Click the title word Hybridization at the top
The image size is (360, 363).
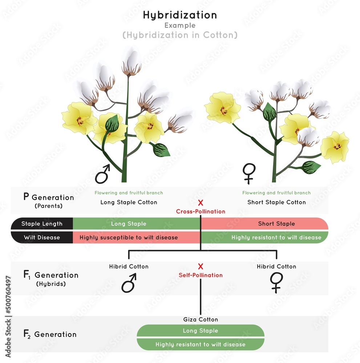coord(180,15)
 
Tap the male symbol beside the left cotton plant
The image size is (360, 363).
coord(102,174)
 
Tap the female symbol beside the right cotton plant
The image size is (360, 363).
coord(249,173)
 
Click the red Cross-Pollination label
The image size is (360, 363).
coord(201,211)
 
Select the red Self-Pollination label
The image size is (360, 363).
coord(201,275)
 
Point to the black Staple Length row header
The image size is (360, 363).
coord(42,224)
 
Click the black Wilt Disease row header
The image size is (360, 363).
coord(42,237)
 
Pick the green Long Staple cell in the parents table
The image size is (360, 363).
coord(129,224)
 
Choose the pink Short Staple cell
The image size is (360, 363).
coord(276,224)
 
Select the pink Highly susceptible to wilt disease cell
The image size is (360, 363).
coord(129,237)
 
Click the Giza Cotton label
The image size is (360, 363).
coord(201,319)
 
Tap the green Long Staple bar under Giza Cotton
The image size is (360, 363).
coord(201,331)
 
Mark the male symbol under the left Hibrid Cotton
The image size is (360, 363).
coord(129,283)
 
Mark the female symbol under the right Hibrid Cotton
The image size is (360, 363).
coord(276,282)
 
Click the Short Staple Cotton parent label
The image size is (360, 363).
coord(276,202)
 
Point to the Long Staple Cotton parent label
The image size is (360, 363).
coord(129,202)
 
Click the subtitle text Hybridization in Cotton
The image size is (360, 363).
coord(180,35)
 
